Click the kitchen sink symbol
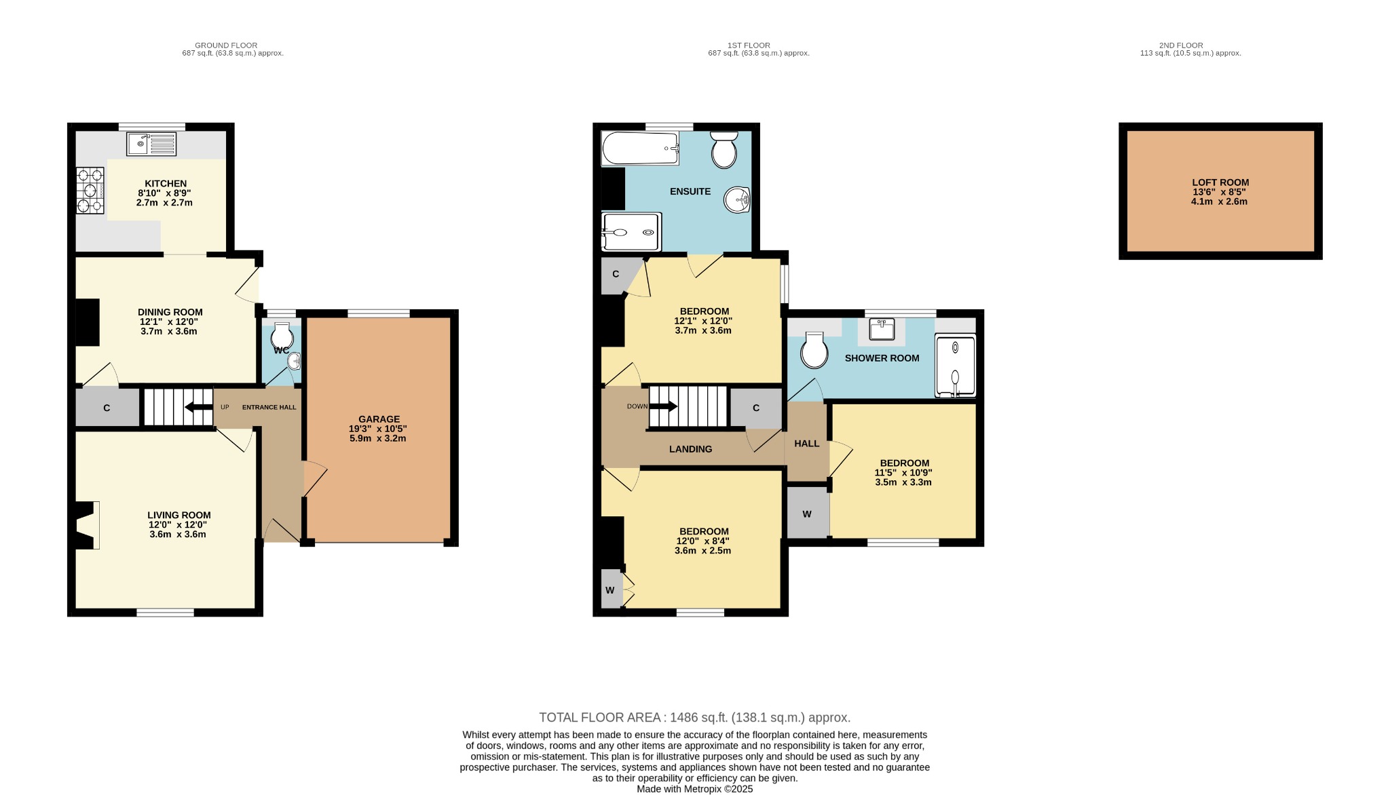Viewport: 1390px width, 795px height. pyautogui.click(x=151, y=144)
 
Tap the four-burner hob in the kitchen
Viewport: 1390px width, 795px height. pyautogui.click(x=90, y=191)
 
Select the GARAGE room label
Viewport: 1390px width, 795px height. pyautogui.click(x=379, y=419)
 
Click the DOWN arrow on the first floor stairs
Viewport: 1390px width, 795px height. pyautogui.click(x=663, y=406)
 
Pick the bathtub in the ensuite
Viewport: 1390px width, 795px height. pyautogui.click(x=640, y=149)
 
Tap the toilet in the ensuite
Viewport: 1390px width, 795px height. pyautogui.click(x=724, y=150)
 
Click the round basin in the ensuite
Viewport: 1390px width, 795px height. pyautogui.click(x=737, y=200)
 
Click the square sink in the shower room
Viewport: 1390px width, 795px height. pyautogui.click(x=882, y=329)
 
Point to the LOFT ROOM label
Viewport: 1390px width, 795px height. pyautogui.click(x=1220, y=182)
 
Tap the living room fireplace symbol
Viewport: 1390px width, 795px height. pyautogui.click(x=87, y=525)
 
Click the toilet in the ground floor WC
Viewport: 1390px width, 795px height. pyautogui.click(x=282, y=335)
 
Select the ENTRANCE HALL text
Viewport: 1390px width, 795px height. pyautogui.click(x=269, y=407)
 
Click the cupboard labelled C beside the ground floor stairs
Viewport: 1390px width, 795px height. pyautogui.click(x=107, y=408)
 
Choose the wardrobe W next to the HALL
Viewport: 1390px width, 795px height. pyautogui.click(x=807, y=513)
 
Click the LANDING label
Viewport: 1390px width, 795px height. pyautogui.click(x=690, y=449)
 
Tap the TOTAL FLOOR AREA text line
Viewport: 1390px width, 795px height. pyautogui.click(x=694, y=718)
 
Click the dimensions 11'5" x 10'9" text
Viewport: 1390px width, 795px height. pyautogui.click(x=903, y=473)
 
